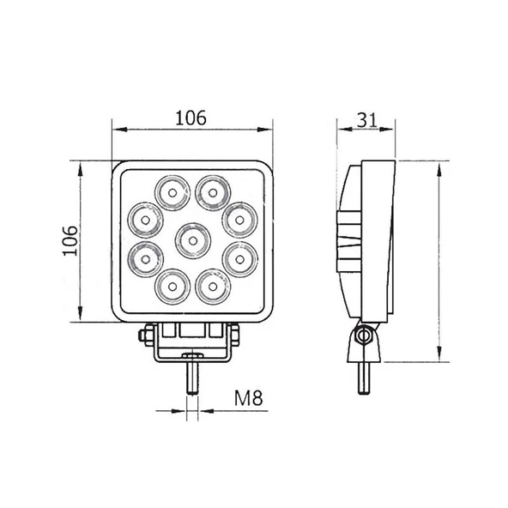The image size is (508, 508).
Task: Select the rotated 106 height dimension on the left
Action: [x=72, y=240]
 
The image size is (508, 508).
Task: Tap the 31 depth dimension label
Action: [x=367, y=120]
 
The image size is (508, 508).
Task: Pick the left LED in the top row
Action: [x=171, y=191]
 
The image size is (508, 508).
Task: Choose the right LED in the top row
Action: [x=210, y=190]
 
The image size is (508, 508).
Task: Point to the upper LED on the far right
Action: [x=238, y=217]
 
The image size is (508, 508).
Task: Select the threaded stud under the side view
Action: [x=364, y=378]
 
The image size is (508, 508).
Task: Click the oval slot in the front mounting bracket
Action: [x=191, y=355]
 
